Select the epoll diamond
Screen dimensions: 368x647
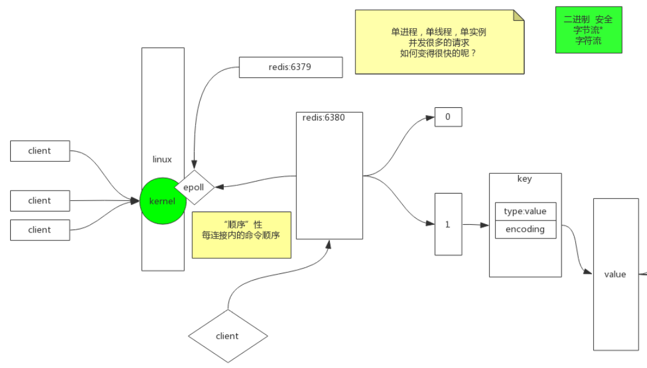pyautogui.click(x=194, y=187)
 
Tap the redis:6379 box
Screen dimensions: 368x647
pyautogui.click(x=290, y=67)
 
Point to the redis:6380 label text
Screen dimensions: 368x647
pyautogui.click(x=323, y=117)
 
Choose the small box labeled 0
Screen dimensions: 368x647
pyautogui.click(x=448, y=117)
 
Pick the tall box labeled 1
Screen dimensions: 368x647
pyautogui.click(x=448, y=224)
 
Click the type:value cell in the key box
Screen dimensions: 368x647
pyautogui.click(x=525, y=212)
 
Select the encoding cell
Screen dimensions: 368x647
pyautogui.click(x=525, y=229)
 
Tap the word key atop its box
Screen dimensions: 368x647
pyautogui.click(x=524, y=179)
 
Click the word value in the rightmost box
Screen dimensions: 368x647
pyautogui.click(x=615, y=274)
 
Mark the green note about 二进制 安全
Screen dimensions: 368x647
pyautogui.click(x=588, y=30)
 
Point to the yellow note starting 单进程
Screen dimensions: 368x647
pyautogui.click(x=439, y=42)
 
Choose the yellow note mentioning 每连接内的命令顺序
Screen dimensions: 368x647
pyautogui.click(x=241, y=235)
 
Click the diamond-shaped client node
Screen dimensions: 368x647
pyautogui.click(x=227, y=336)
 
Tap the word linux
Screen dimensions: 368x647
pyautogui.click(x=162, y=159)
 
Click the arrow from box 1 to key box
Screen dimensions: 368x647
pyautogui.click(x=475, y=225)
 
